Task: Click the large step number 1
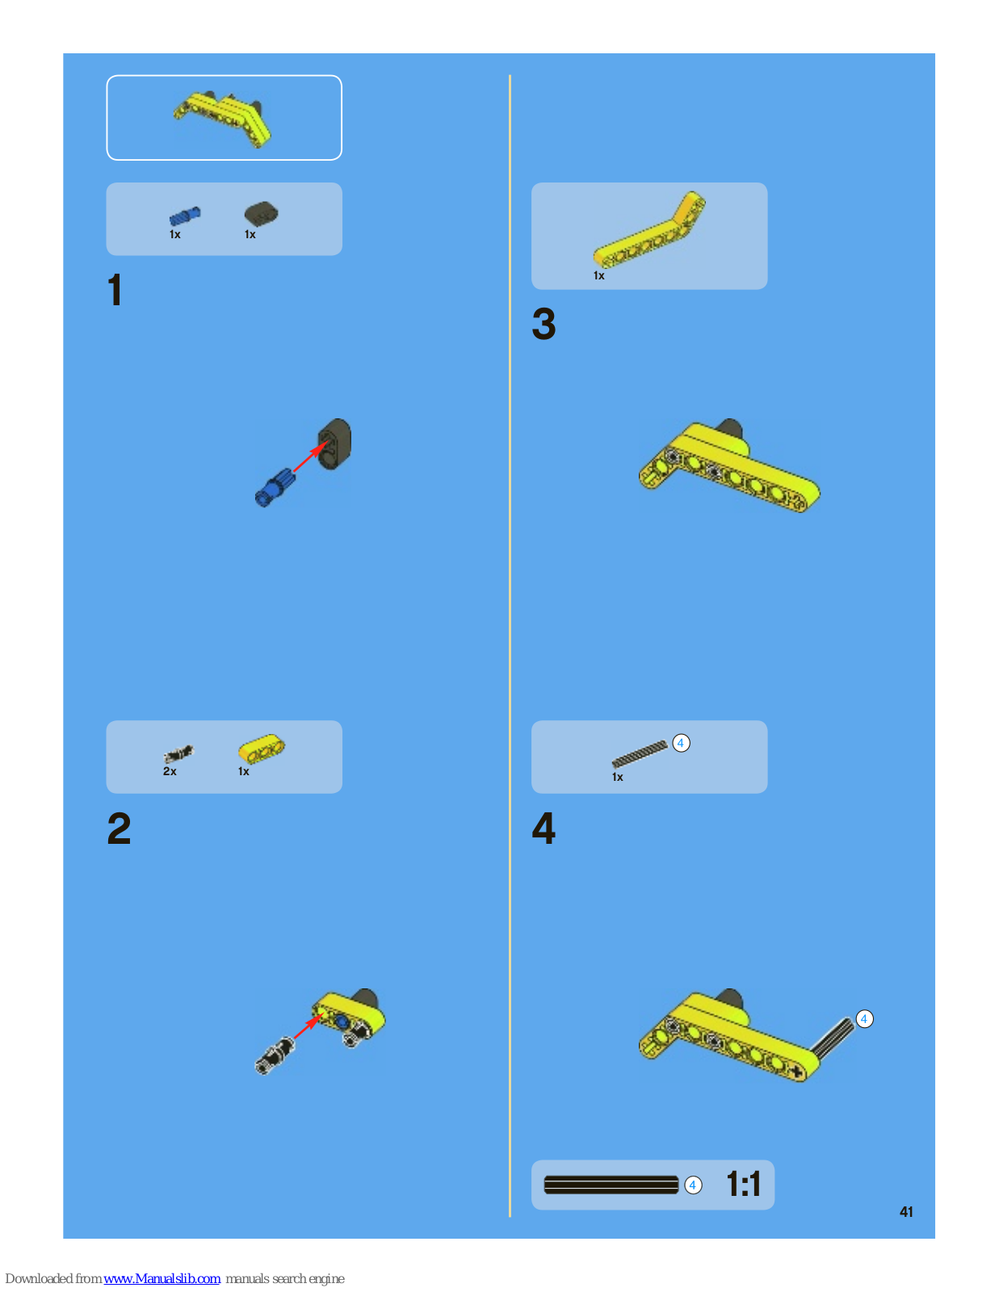tap(115, 290)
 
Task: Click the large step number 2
tap(119, 828)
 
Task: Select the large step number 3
tap(544, 324)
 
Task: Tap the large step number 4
tap(544, 828)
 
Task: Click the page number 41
tap(906, 1212)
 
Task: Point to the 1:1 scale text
tap(743, 1184)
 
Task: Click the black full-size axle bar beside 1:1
tap(611, 1185)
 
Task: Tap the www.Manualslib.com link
tap(162, 1278)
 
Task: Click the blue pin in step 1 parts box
tap(185, 216)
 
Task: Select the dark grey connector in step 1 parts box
tap(261, 213)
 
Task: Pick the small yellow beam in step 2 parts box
tap(262, 748)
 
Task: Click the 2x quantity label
tap(170, 771)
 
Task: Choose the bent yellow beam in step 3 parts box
tap(649, 229)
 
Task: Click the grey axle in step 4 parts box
tap(640, 754)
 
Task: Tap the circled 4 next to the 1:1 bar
tap(693, 1185)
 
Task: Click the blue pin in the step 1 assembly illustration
tap(275, 488)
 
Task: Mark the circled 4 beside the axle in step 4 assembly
tap(864, 1019)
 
